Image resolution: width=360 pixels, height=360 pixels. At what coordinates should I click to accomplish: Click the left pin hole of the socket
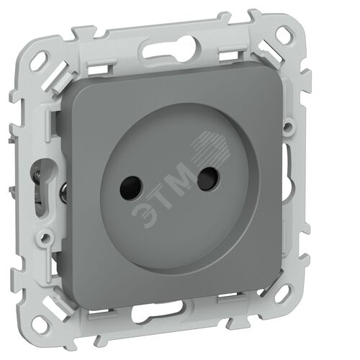tap(131, 188)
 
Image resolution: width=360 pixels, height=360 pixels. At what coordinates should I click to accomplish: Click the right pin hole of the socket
tap(208, 179)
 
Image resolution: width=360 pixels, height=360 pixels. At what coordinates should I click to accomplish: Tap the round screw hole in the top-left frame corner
tap(39, 61)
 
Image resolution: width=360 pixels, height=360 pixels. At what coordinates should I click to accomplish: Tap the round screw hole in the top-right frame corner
tap(285, 35)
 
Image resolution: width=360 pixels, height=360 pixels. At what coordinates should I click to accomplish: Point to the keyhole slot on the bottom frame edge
tap(159, 312)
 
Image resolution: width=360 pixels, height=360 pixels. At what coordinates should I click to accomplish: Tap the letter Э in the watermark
tap(144, 215)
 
